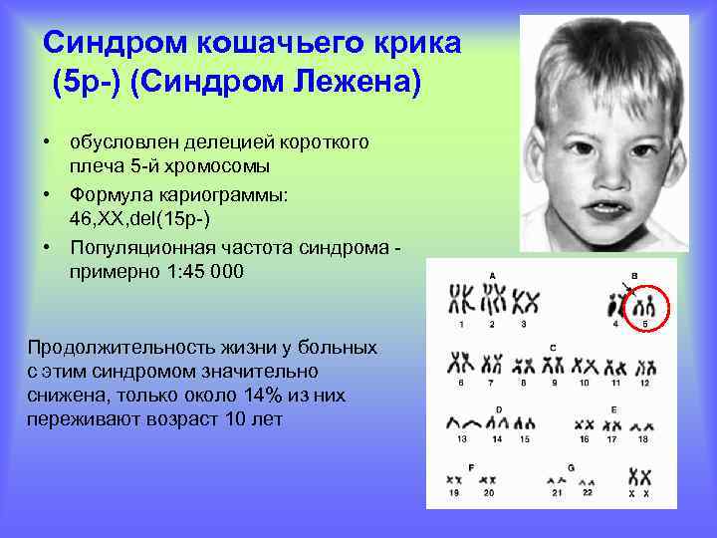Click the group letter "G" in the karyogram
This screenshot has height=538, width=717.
tap(571, 467)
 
